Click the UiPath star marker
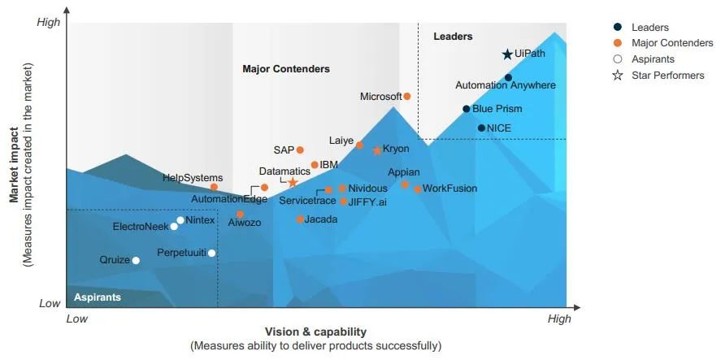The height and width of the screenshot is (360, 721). click(x=507, y=54)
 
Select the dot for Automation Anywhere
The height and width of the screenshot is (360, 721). click(x=508, y=78)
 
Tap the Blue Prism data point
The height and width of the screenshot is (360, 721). click(x=466, y=109)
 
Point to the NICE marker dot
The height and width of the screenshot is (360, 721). click(x=481, y=128)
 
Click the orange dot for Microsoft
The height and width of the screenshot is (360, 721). click(x=407, y=96)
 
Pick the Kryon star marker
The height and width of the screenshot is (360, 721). click(x=377, y=150)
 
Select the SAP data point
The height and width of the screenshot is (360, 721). click(x=300, y=150)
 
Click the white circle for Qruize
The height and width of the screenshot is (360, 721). click(x=136, y=260)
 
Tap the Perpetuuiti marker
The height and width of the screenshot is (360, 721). click(x=211, y=253)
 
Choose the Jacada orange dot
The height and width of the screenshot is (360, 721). click(x=300, y=219)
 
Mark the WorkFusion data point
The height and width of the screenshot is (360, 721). click(x=418, y=189)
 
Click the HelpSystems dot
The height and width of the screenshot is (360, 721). click(x=214, y=188)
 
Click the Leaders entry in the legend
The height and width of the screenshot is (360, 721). click(x=649, y=28)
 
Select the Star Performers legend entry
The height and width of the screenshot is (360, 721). click(x=667, y=76)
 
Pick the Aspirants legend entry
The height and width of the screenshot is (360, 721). click(x=652, y=59)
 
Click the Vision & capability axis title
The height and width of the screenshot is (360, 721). click(x=315, y=332)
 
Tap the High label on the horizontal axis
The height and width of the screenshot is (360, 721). click(x=559, y=319)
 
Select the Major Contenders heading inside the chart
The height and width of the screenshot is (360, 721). click(x=286, y=69)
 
